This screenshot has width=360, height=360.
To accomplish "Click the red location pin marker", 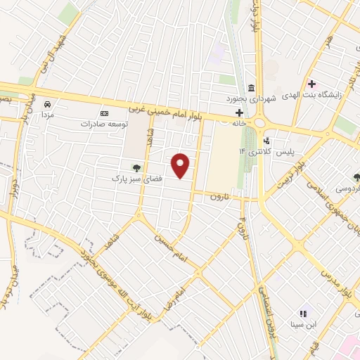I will [x=181, y=165].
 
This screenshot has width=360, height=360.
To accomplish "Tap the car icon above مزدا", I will [x=48, y=103].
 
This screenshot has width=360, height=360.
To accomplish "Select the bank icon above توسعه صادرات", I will [x=105, y=113].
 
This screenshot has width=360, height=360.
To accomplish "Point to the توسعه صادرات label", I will [x=105, y=124].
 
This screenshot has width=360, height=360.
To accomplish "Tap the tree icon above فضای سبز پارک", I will [x=136, y=168].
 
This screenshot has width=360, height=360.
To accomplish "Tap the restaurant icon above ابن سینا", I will [x=303, y=314].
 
